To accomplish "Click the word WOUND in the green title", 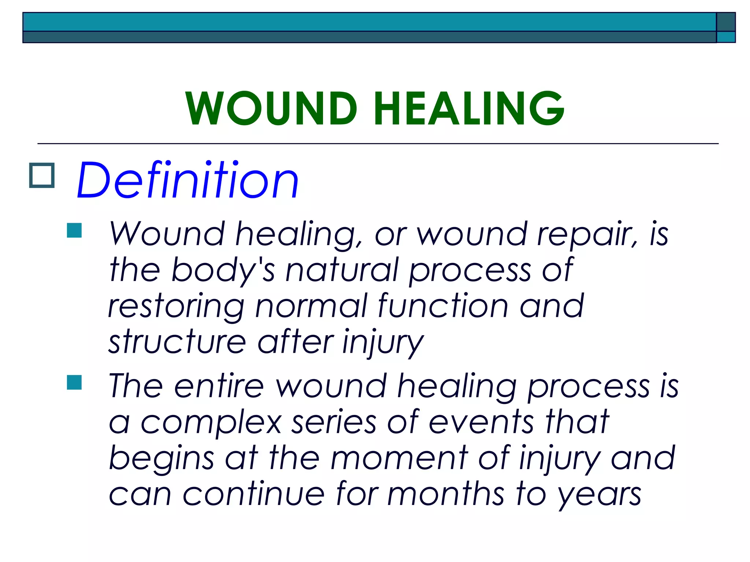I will point(271,109).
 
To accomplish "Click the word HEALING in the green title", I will point(469,109).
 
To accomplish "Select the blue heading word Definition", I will point(188,180).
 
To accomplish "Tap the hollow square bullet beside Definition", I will point(42,175).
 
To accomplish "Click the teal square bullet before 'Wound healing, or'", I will point(74,231).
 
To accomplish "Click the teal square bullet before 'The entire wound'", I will point(74,382).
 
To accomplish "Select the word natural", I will point(341,270).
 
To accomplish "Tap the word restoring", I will point(176,307).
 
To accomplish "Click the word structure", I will point(177,342).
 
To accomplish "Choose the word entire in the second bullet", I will point(219,386).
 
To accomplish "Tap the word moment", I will point(399,458).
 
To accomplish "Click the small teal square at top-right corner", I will point(725,37).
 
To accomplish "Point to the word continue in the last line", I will point(253,494).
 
